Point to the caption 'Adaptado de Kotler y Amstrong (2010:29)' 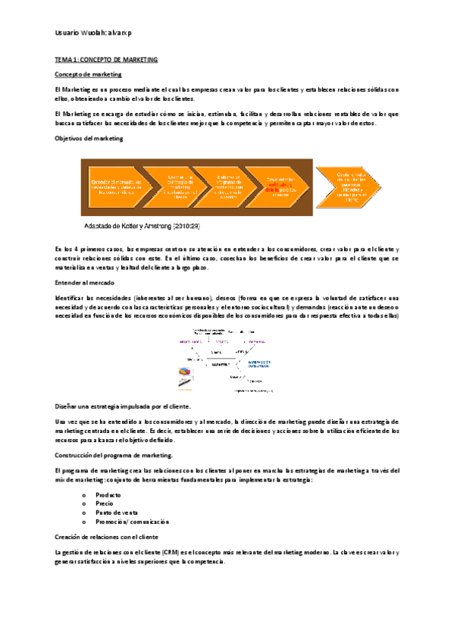click(140, 225)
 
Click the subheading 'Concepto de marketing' click(89, 74)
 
